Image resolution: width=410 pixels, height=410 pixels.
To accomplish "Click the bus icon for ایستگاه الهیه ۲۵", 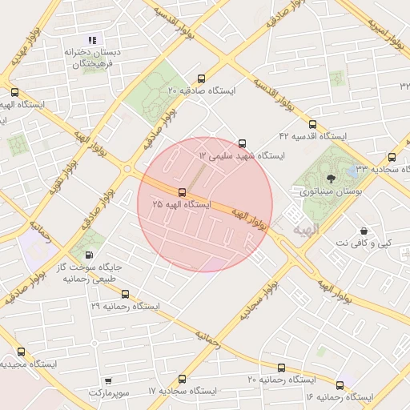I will [x=182, y=192].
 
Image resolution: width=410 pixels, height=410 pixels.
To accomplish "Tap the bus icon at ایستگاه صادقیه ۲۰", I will [x=201, y=78].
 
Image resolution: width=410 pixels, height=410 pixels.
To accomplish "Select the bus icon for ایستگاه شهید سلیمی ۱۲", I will [x=243, y=143].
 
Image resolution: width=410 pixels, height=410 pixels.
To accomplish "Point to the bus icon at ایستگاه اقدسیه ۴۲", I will [x=312, y=124].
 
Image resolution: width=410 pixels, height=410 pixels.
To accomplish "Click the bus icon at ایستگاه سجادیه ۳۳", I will [x=392, y=157].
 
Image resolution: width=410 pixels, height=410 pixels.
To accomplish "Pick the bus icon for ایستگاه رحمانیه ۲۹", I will [x=124, y=294].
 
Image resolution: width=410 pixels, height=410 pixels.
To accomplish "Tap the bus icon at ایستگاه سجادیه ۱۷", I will [x=182, y=378].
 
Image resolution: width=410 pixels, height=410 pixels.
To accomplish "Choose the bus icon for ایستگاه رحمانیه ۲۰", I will [x=280, y=368].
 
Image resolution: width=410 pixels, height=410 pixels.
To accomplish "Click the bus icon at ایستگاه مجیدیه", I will [x=21, y=352].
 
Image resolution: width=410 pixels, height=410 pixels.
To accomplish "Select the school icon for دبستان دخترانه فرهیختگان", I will [x=92, y=39].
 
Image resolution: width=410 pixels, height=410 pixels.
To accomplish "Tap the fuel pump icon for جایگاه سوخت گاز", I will [x=98, y=255].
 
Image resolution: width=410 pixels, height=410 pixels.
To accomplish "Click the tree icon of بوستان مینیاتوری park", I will [x=332, y=179].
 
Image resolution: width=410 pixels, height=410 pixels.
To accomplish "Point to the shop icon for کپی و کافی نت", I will [x=364, y=230].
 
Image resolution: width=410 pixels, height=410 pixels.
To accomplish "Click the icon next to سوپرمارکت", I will [x=109, y=382].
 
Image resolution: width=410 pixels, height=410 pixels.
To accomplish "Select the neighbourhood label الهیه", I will [x=306, y=230].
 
